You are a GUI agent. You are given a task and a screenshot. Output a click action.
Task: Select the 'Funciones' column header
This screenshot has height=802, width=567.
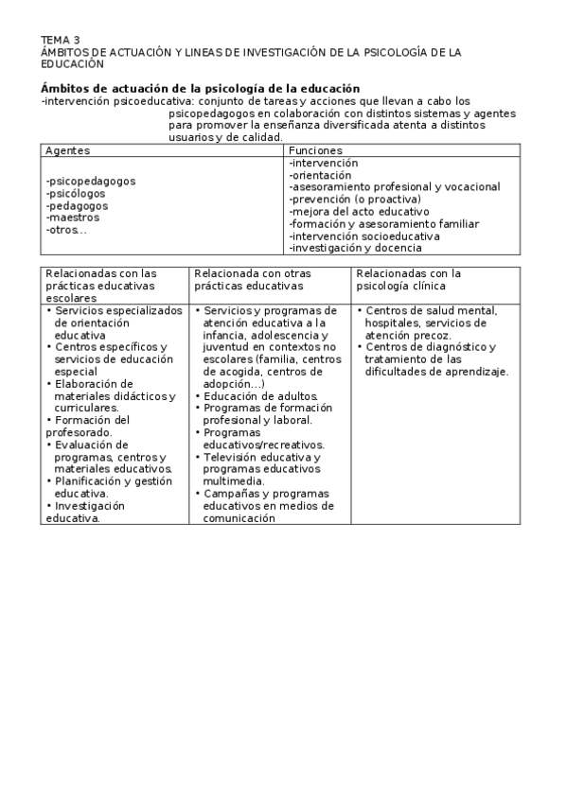tap(315, 150)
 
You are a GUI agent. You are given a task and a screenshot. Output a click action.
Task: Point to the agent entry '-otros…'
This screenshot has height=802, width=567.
tap(66, 230)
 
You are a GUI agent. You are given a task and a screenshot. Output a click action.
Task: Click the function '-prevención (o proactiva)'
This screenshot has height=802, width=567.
tap(355, 200)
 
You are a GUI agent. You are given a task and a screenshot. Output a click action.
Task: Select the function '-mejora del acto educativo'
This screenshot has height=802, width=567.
tap(359, 212)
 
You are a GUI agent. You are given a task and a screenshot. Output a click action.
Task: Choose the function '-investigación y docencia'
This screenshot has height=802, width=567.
tap(355, 249)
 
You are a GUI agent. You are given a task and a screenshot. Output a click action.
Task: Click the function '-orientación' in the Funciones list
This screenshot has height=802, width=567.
tap(320, 175)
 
